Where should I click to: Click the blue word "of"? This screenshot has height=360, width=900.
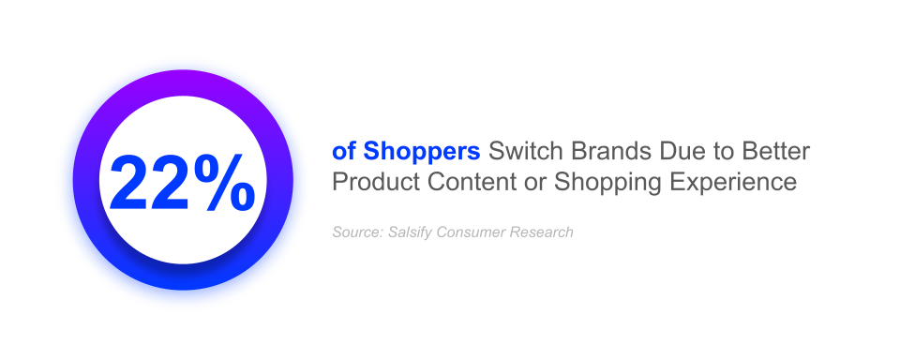[x=344, y=152]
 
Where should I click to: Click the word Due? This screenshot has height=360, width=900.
[x=681, y=152]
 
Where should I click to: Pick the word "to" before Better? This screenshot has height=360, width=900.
[x=720, y=152]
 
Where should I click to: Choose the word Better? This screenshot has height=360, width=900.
[x=774, y=152]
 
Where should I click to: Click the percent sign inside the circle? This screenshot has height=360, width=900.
[x=224, y=183]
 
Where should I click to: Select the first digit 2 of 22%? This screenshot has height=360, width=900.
[x=129, y=183]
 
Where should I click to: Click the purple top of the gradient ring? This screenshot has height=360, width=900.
[x=183, y=82]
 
